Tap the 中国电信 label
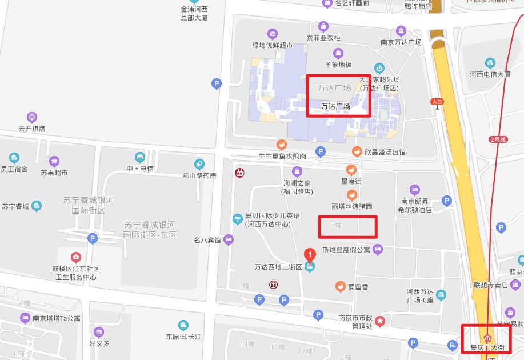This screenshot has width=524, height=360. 140,169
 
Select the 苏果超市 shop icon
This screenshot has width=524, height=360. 54,161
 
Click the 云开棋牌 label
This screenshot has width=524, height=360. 32,129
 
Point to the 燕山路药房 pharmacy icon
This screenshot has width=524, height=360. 199,165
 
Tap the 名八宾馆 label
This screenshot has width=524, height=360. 207,240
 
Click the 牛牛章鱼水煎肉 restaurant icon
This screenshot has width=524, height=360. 281,145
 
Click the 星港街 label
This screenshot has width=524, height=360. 351,181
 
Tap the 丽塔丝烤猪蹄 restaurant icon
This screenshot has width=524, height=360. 352,195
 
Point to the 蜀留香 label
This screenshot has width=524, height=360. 358,286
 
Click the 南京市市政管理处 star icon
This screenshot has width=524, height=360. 379,321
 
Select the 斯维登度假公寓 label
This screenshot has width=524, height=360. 346,250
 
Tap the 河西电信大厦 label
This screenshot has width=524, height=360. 490,74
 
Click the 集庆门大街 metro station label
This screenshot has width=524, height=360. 487,347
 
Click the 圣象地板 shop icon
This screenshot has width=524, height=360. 338,54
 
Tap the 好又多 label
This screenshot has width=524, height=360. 99,343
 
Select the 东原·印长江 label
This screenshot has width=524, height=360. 183,337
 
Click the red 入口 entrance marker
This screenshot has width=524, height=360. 437,102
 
